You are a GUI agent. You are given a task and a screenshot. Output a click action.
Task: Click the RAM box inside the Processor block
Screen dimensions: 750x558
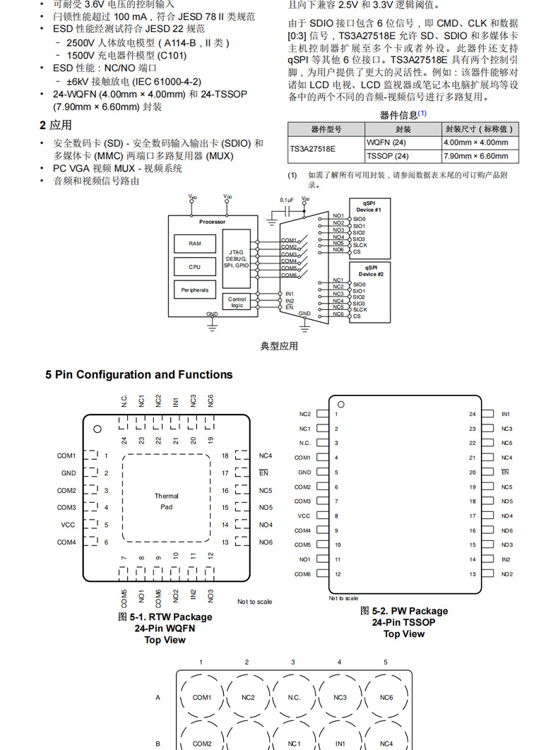click(x=194, y=244)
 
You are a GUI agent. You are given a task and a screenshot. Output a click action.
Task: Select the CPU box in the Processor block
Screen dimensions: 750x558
click(x=194, y=267)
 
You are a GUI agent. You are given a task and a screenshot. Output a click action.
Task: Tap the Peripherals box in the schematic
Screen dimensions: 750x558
click(x=194, y=290)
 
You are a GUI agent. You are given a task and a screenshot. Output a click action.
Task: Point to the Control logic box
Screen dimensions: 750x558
click(x=237, y=302)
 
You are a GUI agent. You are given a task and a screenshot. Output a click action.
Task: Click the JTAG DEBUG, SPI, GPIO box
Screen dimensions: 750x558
click(x=237, y=258)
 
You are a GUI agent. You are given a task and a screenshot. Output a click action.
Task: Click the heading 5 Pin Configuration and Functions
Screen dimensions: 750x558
click(x=139, y=375)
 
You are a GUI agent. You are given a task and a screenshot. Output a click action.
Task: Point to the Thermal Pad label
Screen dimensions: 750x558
click(x=167, y=501)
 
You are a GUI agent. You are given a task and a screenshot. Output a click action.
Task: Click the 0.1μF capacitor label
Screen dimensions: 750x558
click(x=286, y=200)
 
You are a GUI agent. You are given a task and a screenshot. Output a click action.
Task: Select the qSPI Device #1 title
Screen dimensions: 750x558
click(x=369, y=206)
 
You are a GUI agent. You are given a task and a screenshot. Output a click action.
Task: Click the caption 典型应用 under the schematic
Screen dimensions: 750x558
click(x=279, y=346)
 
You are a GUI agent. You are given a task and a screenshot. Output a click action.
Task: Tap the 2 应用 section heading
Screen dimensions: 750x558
click(x=56, y=125)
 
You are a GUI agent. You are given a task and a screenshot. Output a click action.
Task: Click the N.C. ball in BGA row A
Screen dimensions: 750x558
click(x=294, y=698)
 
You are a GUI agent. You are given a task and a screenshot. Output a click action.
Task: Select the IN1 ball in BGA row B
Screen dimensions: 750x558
click(x=340, y=744)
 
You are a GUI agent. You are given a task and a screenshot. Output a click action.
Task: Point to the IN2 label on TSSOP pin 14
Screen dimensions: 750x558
click(x=506, y=559)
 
